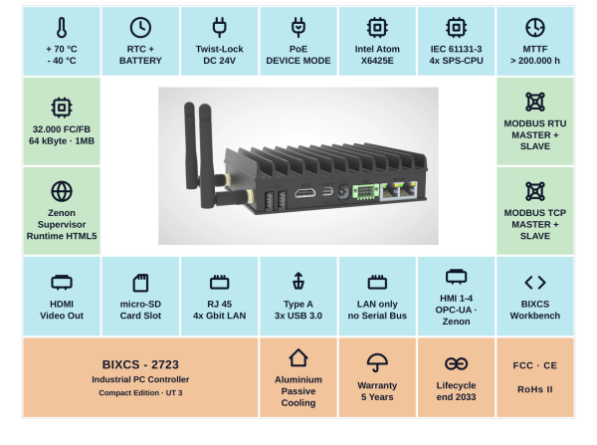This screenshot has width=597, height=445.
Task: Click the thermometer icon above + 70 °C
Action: pos(62,28)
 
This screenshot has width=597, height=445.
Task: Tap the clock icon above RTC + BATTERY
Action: pos(140,28)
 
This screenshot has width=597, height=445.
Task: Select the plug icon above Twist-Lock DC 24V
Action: pos(220,28)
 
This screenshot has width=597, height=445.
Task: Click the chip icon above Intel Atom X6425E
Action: pos(377,28)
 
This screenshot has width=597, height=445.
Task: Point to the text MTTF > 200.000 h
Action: pos(535,55)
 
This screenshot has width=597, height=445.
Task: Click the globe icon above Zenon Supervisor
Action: pos(62,191)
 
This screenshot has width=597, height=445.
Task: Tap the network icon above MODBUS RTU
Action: pos(535,103)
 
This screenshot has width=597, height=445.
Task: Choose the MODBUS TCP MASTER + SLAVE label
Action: pos(535,224)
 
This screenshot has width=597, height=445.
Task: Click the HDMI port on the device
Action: pos(305,193)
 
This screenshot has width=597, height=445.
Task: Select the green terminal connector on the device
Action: pos(365,192)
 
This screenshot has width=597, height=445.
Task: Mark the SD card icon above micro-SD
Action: pos(140,283)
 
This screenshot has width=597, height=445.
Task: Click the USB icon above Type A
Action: pos(298,281)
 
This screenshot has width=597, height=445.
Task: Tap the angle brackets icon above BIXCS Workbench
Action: pos(535,283)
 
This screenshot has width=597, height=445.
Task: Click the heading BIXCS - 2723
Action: pos(140,364)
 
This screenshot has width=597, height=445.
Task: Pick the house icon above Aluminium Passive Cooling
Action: pos(298,357)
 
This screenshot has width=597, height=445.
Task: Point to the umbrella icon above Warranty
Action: pos(377,362)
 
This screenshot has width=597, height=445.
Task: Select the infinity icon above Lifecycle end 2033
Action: pos(456,363)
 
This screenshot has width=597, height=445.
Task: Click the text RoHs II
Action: pos(535,389)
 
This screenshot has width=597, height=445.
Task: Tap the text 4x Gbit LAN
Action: pos(220,316)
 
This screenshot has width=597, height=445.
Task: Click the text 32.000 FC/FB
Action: pos(62,129)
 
